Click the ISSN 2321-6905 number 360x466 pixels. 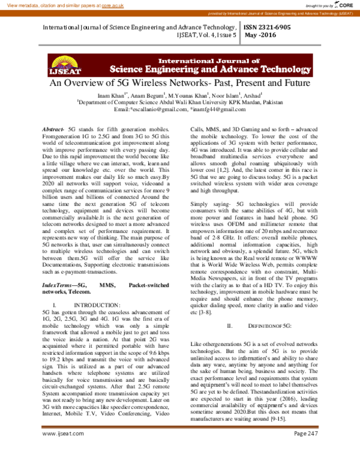point(268,28)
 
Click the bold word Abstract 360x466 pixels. point(53,130)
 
